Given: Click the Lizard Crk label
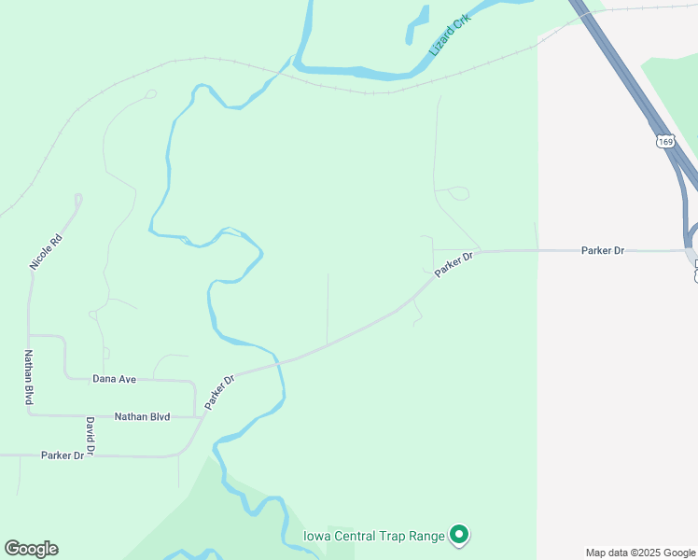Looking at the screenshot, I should (x=451, y=35).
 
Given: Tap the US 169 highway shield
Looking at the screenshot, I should (x=663, y=142).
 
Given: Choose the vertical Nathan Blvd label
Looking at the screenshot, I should (x=28, y=377).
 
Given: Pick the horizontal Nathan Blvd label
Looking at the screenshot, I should (x=142, y=416).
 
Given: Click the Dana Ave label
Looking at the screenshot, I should (x=114, y=379).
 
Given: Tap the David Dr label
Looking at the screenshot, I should (x=90, y=437).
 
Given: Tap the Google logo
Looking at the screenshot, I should (x=31, y=549).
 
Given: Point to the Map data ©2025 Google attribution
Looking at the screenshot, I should (x=639, y=553).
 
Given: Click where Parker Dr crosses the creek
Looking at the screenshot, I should (x=278, y=361).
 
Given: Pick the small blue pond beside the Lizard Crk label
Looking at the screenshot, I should (x=417, y=25).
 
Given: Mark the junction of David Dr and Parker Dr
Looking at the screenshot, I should (x=90, y=455).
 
